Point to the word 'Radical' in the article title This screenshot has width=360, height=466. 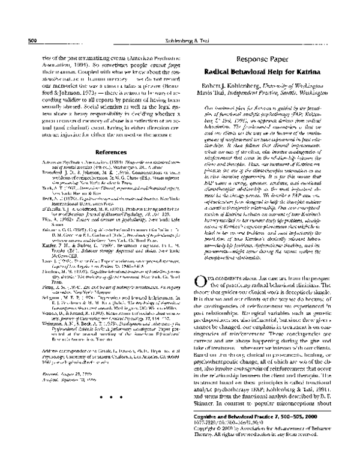coord(230,73)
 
